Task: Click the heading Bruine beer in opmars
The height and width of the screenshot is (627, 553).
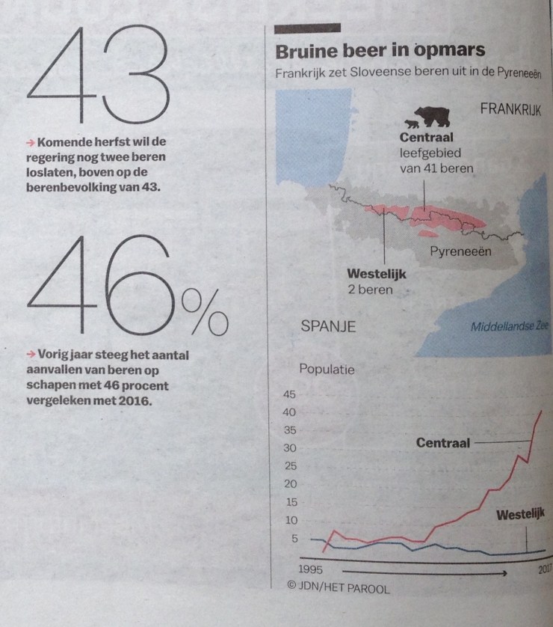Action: (380, 52)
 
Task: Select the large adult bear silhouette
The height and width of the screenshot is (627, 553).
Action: (432, 116)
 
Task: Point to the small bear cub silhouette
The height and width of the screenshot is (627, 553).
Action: (409, 123)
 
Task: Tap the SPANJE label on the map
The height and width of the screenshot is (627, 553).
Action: (327, 326)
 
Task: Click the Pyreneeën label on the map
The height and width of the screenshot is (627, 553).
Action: (460, 251)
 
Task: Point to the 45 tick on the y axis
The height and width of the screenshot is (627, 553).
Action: (288, 394)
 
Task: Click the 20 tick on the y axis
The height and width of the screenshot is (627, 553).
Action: (288, 484)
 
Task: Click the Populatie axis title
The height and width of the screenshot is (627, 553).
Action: (327, 368)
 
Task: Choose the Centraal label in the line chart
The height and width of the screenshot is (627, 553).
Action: (442, 443)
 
